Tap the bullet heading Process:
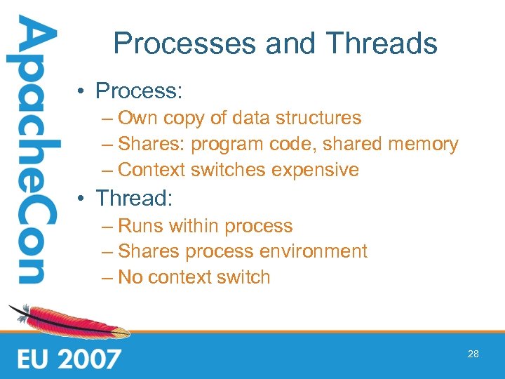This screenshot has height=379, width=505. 139,91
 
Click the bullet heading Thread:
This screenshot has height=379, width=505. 134,198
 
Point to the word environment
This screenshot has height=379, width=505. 316,251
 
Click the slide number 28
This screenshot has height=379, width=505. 473,354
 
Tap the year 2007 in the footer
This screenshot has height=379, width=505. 89,359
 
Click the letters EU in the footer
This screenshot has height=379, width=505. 32,359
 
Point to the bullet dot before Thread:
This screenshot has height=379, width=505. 83,199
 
